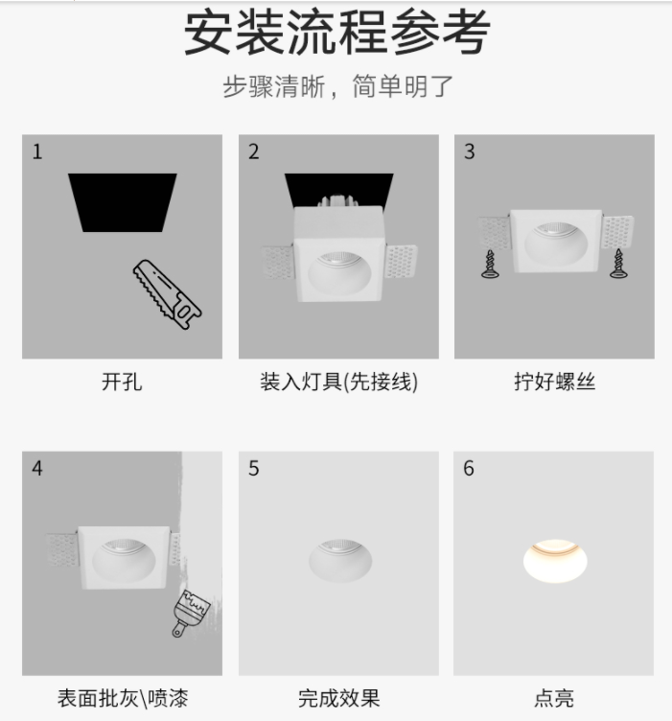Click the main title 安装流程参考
coord(337,34)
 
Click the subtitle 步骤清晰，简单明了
coord(337,86)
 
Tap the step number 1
coord(37,151)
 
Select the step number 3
coord(470,151)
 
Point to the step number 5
coord(254,469)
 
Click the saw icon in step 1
coord(168,294)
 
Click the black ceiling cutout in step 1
coord(123,202)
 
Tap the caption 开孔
coord(122,382)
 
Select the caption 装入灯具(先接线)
coord(338,382)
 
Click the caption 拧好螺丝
coord(554,382)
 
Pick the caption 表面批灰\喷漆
coord(123,698)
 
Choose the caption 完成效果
coord(338,698)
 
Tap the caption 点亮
coord(554,698)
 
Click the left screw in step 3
coord(490,265)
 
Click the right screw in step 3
coord(618,264)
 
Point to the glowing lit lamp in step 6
coord(555,560)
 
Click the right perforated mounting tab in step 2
coord(401,262)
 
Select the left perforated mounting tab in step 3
coord(495,233)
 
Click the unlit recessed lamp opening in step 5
coord(339,561)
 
